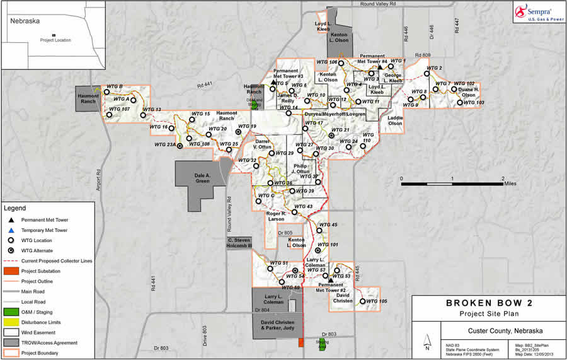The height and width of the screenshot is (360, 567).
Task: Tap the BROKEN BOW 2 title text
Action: coord(488,303)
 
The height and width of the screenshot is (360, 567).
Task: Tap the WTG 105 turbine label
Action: coord(375,301)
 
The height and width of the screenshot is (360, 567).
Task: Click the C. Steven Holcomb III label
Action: coord(239,243)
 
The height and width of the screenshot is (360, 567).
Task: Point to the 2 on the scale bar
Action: coord(502,178)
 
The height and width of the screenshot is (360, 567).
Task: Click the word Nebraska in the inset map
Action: coord(25,21)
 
